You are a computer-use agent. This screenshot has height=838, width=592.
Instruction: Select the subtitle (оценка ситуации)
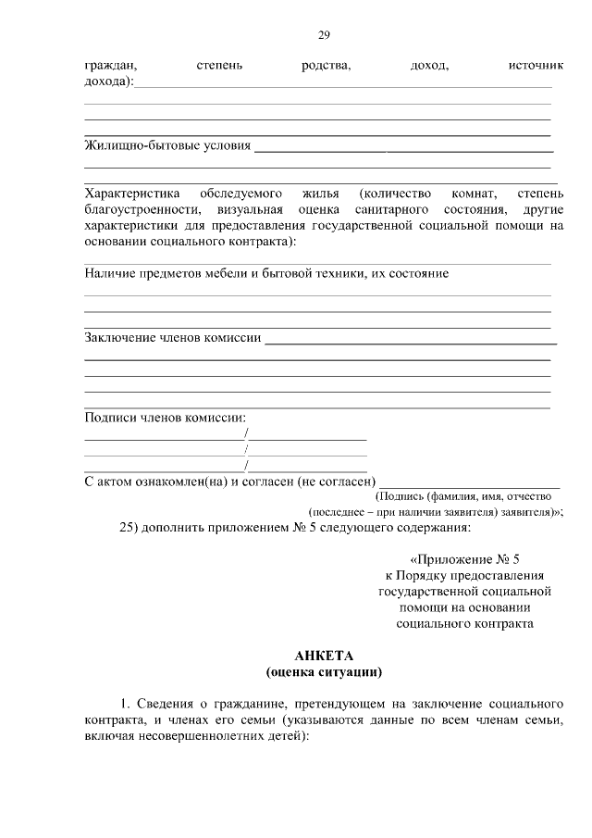(x=324, y=671)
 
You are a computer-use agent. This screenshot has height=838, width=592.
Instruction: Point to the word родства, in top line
(x=326, y=66)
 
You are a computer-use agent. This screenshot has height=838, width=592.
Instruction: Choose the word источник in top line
(x=536, y=66)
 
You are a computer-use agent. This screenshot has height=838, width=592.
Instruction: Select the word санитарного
(x=381, y=209)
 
